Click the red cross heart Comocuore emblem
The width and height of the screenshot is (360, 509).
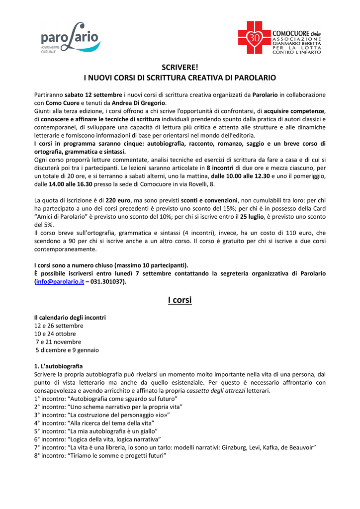(254, 38)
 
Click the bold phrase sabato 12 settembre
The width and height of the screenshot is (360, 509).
(93, 94)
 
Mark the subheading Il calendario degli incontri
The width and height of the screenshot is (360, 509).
(70, 317)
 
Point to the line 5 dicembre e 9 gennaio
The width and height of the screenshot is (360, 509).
(67, 350)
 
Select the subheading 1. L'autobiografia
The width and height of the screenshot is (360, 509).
(58, 366)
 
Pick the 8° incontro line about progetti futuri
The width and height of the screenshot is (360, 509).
(100, 456)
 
